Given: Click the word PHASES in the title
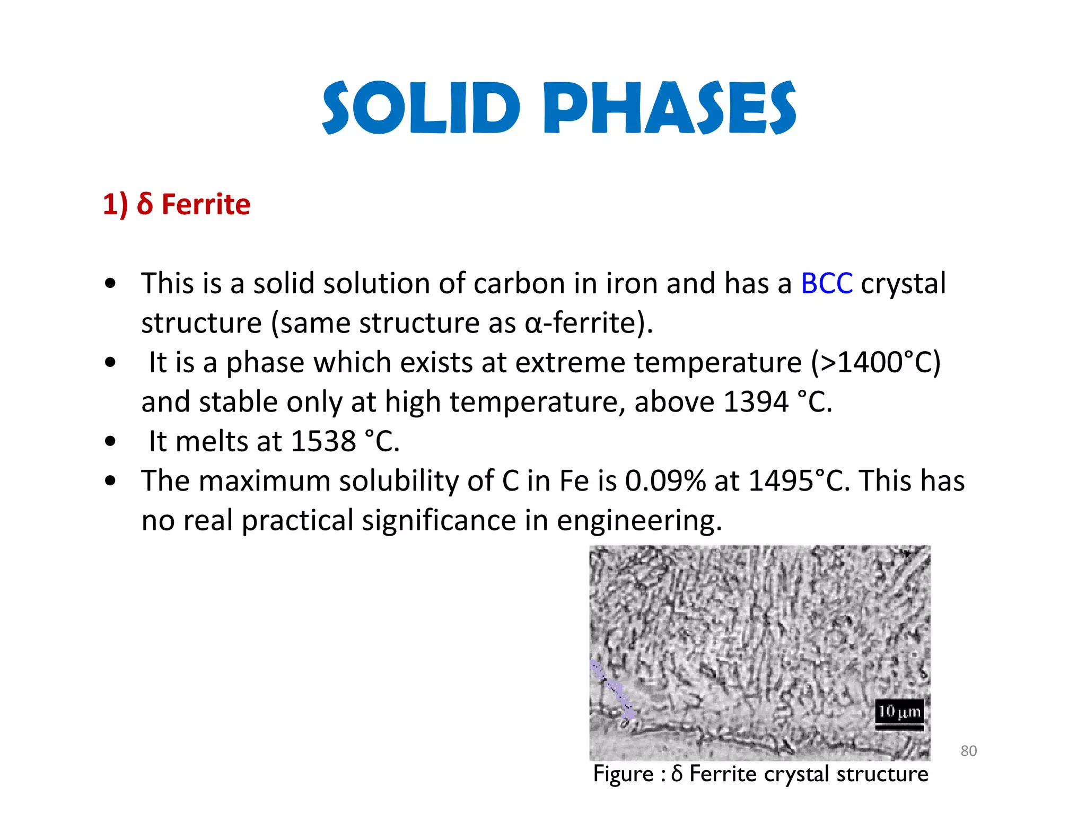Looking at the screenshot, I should [669, 109].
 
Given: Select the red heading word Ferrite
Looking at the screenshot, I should [206, 205].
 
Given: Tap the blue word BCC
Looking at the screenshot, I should [826, 284].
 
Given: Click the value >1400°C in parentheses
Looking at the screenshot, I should [875, 363].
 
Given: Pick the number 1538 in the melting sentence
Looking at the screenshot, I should [323, 441].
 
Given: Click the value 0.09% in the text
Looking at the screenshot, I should [665, 481].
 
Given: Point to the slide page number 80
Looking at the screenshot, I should [968, 751].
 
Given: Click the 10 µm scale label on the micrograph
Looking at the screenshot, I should [899, 711].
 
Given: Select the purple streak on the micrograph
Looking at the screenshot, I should [612, 689].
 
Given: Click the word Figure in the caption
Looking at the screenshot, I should [623, 774].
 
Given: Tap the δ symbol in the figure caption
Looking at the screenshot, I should [677, 774].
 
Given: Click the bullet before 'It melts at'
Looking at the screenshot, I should [110, 441].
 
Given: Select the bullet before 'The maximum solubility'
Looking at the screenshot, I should [110, 481].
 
